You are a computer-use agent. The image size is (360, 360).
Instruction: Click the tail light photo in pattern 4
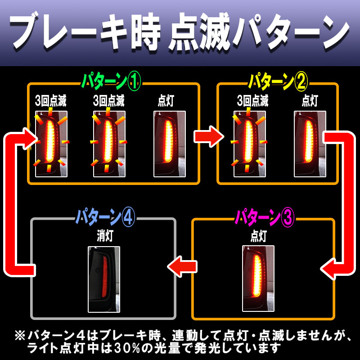coord(104,279)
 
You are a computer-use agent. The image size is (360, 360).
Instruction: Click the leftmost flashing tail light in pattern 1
coord(51,144)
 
